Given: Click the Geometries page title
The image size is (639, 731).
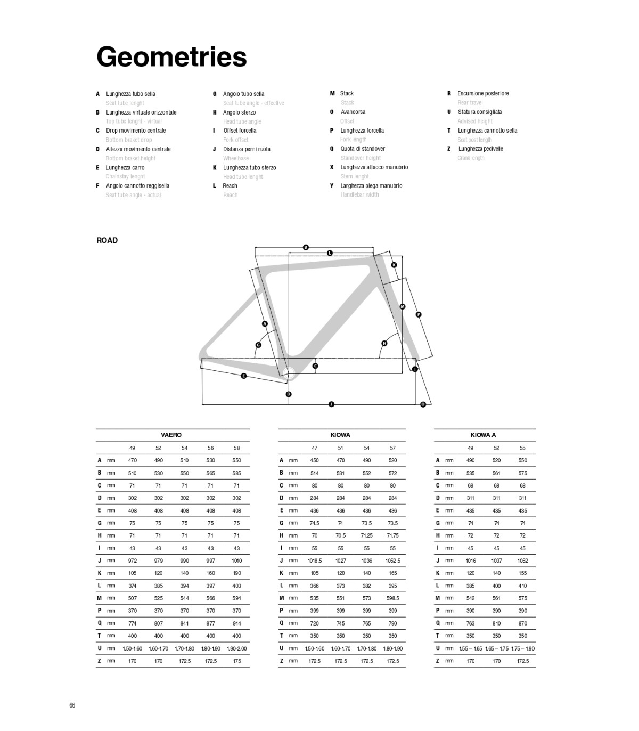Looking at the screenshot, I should click(x=171, y=57).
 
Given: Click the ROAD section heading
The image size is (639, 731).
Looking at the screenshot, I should click(x=107, y=240).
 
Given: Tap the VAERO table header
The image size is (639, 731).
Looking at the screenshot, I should click(x=171, y=435).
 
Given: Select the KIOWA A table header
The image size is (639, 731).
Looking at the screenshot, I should click(x=483, y=435).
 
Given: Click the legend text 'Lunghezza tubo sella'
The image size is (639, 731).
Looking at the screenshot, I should click(x=130, y=94).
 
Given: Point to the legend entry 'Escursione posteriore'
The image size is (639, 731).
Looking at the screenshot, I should click(x=483, y=93).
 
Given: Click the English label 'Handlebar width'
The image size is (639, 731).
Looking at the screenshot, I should click(x=359, y=194).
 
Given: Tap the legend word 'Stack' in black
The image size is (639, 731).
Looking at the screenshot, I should click(x=347, y=93).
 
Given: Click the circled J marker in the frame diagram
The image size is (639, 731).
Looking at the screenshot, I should click(x=331, y=404).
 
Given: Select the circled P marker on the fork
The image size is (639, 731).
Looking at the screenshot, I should click(x=419, y=314).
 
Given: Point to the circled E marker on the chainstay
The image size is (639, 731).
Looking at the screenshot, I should click(x=243, y=376).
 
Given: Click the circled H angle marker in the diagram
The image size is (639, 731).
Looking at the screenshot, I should click(x=384, y=343).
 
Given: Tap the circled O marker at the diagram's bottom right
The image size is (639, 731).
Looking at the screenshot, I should click(x=423, y=404).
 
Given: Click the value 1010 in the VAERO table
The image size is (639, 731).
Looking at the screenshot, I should click(x=236, y=561).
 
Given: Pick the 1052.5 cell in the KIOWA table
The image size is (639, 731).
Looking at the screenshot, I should click(x=392, y=561).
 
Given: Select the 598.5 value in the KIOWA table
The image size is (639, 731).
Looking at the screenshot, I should click(x=392, y=598).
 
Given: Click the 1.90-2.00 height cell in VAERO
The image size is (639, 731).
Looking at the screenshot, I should click(x=236, y=648).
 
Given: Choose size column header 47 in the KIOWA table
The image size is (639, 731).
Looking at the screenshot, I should click(x=315, y=448).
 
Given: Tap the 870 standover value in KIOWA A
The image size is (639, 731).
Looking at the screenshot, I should click(x=522, y=623).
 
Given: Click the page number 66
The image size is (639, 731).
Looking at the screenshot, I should click(x=72, y=705).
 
